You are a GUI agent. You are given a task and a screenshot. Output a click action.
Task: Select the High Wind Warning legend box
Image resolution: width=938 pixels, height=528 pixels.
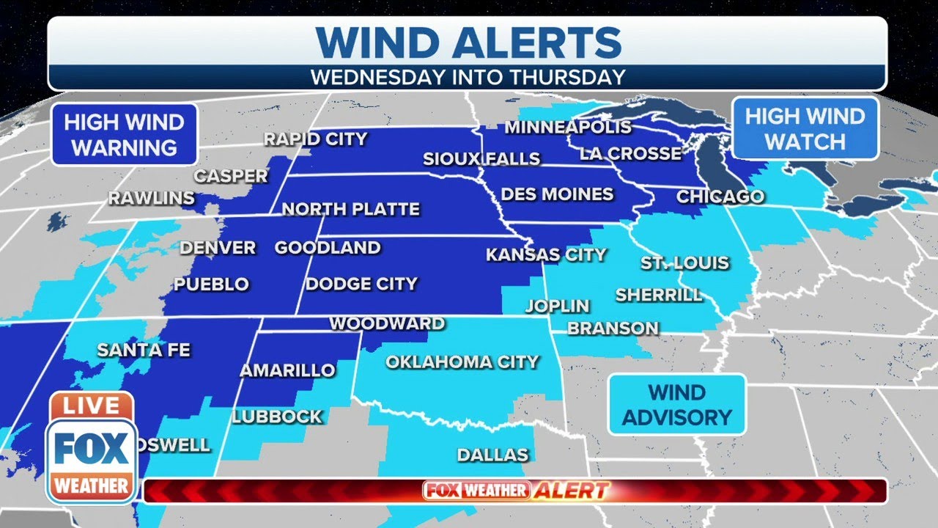(124, 134)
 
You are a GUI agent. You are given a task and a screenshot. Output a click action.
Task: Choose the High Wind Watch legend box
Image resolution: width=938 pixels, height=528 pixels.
(805, 128)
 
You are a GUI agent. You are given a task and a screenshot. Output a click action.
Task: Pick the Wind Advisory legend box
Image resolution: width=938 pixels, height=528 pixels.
(676, 405)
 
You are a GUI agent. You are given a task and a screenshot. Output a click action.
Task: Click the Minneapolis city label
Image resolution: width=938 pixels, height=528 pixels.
(567, 127)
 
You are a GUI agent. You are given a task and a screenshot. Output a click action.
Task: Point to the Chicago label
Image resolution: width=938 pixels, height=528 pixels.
(720, 197)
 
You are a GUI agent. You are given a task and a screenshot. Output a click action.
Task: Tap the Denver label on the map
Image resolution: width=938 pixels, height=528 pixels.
(218, 248)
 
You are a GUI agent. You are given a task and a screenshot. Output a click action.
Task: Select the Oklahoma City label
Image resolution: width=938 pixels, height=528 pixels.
(462, 362)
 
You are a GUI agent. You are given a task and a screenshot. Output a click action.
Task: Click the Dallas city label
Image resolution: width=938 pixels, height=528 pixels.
(492, 455)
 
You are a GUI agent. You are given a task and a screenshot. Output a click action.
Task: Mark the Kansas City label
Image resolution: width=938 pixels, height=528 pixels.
(546, 255)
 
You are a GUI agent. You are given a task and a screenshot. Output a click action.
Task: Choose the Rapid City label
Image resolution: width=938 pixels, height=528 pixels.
(315, 139)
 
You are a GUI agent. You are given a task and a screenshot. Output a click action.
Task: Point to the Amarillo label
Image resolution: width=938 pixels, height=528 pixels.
(287, 370)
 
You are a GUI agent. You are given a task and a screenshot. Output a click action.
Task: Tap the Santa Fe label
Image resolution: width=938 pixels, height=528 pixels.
(144, 351)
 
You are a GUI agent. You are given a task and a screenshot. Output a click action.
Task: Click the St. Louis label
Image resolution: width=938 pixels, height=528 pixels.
(684, 263)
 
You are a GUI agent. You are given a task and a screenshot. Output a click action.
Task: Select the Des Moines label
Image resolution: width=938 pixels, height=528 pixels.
(557, 194)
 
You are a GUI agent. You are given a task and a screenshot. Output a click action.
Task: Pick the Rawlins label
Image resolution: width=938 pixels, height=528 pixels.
(152, 198)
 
